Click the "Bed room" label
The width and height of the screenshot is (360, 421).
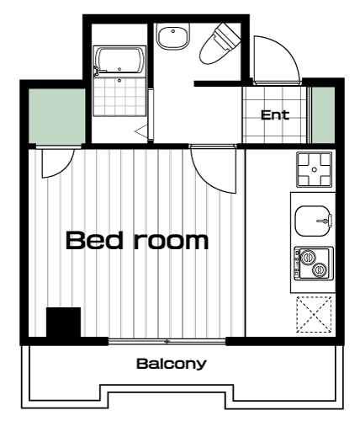(x=137, y=240)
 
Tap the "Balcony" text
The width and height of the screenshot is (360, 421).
(x=172, y=364)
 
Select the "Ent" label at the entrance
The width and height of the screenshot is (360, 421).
(x=275, y=115)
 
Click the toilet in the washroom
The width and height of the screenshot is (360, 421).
(x=220, y=44)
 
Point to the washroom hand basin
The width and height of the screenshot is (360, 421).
(x=173, y=36)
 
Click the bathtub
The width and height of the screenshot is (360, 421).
(x=119, y=60)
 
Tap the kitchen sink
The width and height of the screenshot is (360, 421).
(x=313, y=221)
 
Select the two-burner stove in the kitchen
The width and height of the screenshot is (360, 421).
(x=314, y=264)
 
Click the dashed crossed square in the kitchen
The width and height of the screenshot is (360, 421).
(x=314, y=314)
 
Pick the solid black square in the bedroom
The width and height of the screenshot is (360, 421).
(x=63, y=322)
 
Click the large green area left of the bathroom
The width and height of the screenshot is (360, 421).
(x=57, y=116)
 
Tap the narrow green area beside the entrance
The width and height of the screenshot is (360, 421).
(x=324, y=115)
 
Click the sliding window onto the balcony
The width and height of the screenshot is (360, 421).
(x=167, y=342)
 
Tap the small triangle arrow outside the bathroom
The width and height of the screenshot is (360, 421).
(x=140, y=131)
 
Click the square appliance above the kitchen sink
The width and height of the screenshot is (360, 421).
(x=315, y=169)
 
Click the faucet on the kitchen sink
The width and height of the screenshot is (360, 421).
(x=326, y=221)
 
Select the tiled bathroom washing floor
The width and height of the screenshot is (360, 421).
(x=119, y=95)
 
